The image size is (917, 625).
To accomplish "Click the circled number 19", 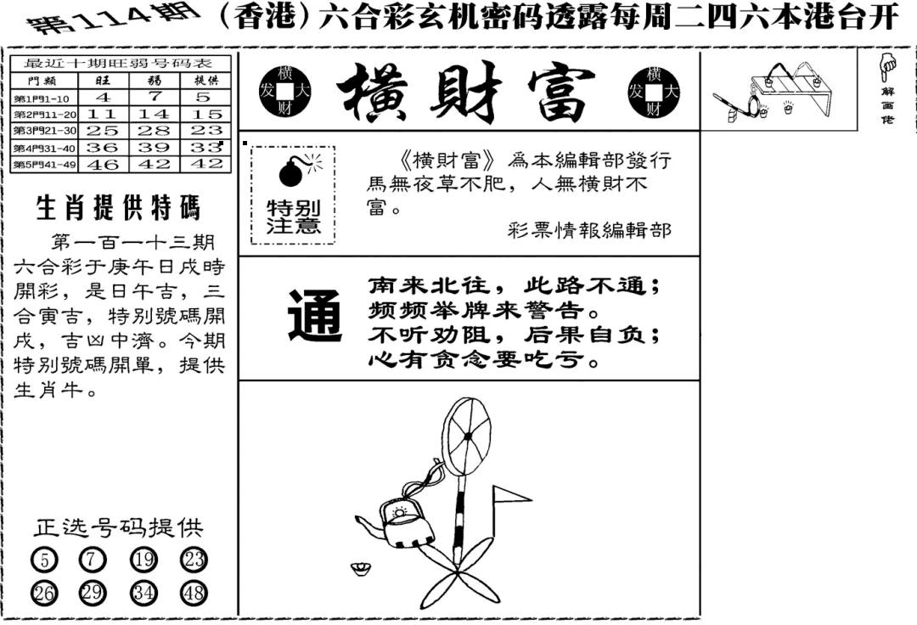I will pos(144,560).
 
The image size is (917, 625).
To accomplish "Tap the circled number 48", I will pos(194,593).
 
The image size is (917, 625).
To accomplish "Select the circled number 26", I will pos(44,593).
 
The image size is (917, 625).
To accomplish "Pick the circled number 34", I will pos(144,593).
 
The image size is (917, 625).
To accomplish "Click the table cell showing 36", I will pos(103,147).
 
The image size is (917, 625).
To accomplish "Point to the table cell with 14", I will pos(154,114).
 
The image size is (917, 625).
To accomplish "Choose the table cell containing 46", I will pos(103,164).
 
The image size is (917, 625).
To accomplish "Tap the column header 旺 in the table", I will pos(103,81).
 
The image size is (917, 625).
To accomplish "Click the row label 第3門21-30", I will pos(46,131).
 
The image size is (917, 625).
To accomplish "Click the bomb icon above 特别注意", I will pos(292,172).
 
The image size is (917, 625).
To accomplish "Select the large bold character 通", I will pos(314,317).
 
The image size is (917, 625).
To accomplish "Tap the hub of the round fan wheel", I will pos(466,436).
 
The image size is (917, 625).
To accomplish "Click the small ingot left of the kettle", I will pos(360,567).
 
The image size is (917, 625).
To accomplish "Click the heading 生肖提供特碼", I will pos(118,208).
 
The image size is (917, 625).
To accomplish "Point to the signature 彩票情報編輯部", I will pos(588,229).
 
